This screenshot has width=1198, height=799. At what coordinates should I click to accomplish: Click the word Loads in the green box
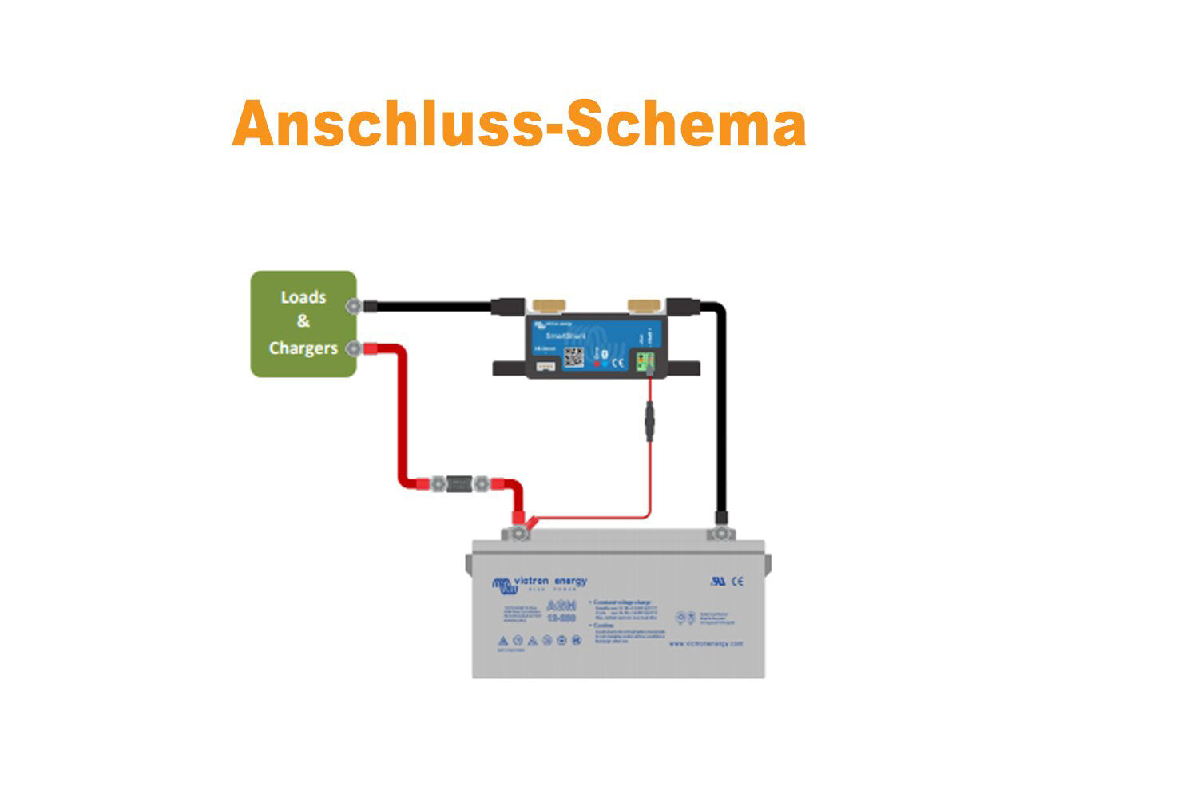(303, 297)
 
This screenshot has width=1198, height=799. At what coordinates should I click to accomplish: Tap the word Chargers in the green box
(303, 348)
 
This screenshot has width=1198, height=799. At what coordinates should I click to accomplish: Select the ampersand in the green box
(303, 322)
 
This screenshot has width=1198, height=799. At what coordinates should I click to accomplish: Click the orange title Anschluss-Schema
(519, 125)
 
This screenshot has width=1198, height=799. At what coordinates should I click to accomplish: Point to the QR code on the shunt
(574, 356)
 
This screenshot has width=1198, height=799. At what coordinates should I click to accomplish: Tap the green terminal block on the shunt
(645, 362)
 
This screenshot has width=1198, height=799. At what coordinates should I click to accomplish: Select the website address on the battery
(705, 643)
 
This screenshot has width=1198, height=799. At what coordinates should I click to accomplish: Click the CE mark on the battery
(737, 582)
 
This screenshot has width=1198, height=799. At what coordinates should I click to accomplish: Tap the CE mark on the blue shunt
(617, 362)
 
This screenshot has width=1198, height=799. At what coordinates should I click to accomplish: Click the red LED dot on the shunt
(596, 363)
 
